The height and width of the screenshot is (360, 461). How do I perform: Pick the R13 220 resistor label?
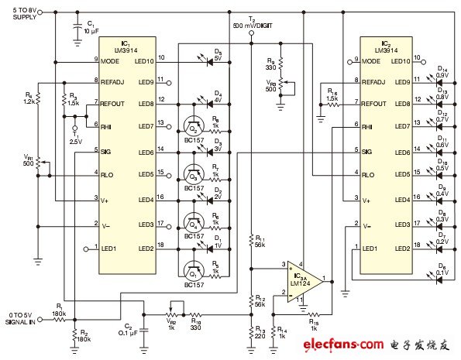coord(259,332)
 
